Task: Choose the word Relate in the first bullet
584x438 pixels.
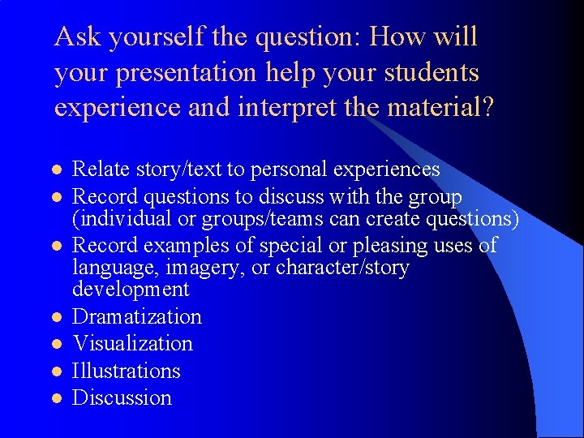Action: pyautogui.click(x=101, y=170)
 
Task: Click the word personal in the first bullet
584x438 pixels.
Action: pyautogui.click(x=290, y=170)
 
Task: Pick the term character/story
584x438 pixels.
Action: pyautogui.click(x=342, y=268)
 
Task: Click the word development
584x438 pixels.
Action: pyautogui.click(x=131, y=290)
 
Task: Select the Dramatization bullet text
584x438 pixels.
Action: pyautogui.click(x=137, y=316)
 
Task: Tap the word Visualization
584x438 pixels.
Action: pyautogui.click(x=133, y=343)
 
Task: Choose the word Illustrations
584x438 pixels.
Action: pyautogui.click(x=127, y=371)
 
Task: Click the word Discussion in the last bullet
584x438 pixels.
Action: pyautogui.click(x=122, y=397)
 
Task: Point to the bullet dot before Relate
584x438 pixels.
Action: pyautogui.click(x=56, y=170)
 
